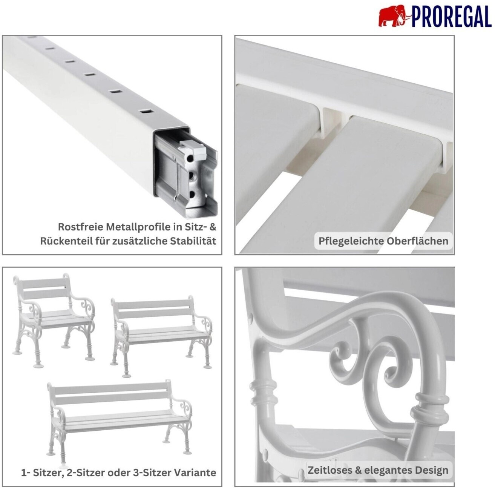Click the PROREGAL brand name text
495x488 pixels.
click(x=451, y=17)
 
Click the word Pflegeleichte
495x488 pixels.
click(x=351, y=241)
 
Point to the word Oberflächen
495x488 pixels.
click(x=417, y=241)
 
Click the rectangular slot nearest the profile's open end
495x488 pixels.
click(x=147, y=111)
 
